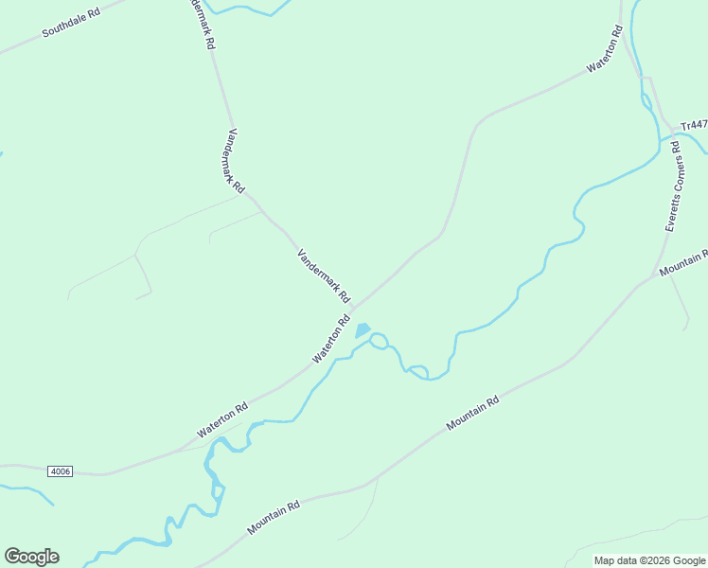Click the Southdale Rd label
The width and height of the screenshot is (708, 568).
pyautogui.click(x=71, y=24)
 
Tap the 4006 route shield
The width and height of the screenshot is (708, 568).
pyautogui.click(x=61, y=470)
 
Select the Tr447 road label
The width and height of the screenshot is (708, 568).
pyautogui.click(x=694, y=125)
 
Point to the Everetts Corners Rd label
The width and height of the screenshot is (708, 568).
pyautogui.click(x=674, y=186)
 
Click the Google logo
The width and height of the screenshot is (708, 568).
pyautogui.click(x=31, y=557)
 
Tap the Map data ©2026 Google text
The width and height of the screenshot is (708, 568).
pyautogui.click(x=649, y=560)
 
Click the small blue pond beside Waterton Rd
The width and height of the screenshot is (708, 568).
pyautogui.click(x=362, y=330)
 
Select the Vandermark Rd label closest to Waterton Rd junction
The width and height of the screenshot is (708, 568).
pyautogui.click(x=324, y=275)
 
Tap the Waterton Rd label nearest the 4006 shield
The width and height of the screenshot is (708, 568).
pyautogui.click(x=223, y=419)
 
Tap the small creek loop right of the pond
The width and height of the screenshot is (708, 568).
pyautogui.click(x=379, y=340)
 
